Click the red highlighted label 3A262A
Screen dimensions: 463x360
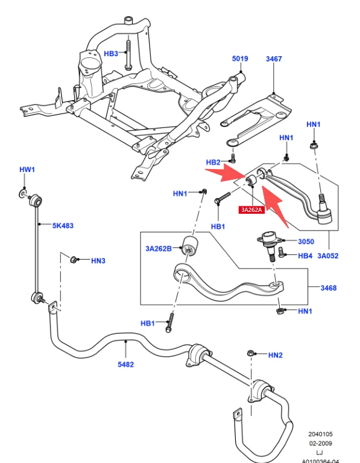pos(251,210)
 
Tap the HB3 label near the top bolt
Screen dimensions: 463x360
pos(111,54)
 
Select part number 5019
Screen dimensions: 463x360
pos(240,59)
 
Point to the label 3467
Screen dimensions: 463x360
pos(274,59)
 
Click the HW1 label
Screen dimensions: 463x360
pos(27,170)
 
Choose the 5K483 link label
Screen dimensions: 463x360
pos(62,226)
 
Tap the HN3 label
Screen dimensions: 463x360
pos(98,261)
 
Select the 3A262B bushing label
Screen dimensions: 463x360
pos(159,248)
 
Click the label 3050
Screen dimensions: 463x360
pos(306,241)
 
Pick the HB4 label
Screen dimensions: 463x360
pos(306,255)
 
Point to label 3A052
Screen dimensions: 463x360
pos(328,255)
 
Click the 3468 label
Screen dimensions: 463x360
pos(328,288)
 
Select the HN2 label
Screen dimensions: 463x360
pos(275,355)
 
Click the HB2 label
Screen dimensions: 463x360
pos(213,162)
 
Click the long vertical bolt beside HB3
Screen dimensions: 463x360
pos(128,54)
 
